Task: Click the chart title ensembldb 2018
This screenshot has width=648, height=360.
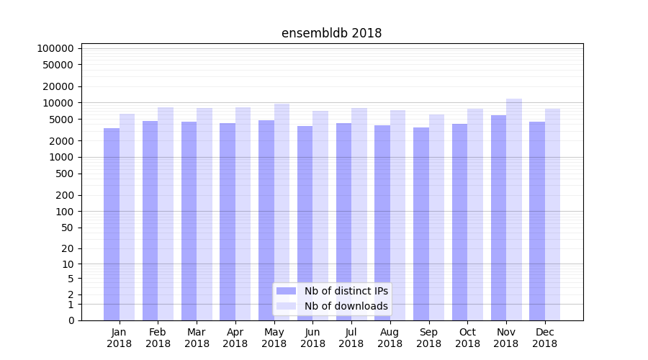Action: pos(331,33)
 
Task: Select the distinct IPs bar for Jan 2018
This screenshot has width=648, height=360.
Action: pos(112,223)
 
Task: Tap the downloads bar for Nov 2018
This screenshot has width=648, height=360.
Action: pos(514,209)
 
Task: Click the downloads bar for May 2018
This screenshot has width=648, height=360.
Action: pos(282,212)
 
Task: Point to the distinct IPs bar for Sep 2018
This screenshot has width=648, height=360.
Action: pos(421,223)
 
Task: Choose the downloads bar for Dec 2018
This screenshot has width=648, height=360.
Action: pos(552,214)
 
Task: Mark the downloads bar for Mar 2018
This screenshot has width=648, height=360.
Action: pos(204,214)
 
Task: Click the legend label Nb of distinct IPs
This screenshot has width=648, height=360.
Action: pos(346,291)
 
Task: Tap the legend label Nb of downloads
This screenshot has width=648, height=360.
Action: pos(346,306)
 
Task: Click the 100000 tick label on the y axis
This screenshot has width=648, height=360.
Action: pos(55,48)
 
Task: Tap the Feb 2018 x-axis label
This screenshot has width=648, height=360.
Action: pos(158,338)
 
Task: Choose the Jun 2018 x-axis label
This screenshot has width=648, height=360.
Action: pos(312,338)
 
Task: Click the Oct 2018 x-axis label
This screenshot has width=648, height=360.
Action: pos(467,338)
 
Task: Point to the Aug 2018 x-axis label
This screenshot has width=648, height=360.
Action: pos(390,338)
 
